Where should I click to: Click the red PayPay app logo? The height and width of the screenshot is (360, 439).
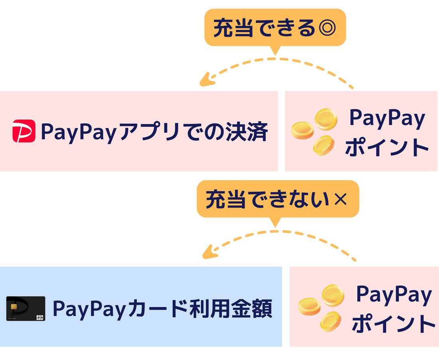click(24, 131)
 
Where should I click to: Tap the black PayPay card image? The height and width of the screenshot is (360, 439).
click(26, 309)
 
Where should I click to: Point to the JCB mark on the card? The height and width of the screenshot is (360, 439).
click(40, 317)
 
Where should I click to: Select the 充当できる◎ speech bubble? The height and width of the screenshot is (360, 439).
click(275, 28)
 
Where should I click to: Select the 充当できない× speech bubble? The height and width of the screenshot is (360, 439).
click(278, 200)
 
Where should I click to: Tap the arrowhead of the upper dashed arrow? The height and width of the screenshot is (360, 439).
click(205, 81)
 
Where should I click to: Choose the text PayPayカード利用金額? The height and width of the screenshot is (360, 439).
click(162, 309)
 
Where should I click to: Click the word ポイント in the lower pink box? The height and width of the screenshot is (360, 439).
click(393, 324)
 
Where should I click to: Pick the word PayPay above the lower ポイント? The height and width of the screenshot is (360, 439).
click(394, 295)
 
